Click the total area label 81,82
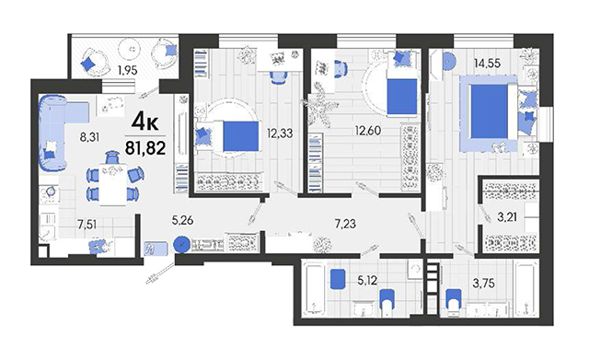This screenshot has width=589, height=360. [x=145, y=148]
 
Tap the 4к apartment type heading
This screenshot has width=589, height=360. [x=145, y=122]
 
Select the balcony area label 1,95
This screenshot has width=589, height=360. [x=128, y=70]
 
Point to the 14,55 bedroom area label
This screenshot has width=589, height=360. [x=487, y=63]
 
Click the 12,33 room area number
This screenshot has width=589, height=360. [x=280, y=133]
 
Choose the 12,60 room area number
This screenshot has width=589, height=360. [x=368, y=131]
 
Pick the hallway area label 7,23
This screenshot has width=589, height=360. [x=345, y=224]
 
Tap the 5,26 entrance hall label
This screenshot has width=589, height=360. [x=182, y=220]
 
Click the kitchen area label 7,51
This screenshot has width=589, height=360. [x=87, y=225]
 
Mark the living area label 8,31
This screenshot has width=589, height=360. [x=89, y=137]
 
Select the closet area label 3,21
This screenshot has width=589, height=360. [x=507, y=216]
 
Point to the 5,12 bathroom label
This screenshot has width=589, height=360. [x=367, y=280]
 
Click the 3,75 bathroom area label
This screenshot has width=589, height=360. [x=483, y=283]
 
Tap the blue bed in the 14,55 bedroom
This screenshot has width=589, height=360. [x=489, y=111]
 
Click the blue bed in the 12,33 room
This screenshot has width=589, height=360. [x=241, y=136]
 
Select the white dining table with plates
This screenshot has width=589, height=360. [x=112, y=184]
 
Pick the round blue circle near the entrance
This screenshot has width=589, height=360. [x=181, y=245]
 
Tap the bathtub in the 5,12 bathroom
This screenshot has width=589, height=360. [x=314, y=289]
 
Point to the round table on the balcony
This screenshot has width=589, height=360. [x=129, y=48]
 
